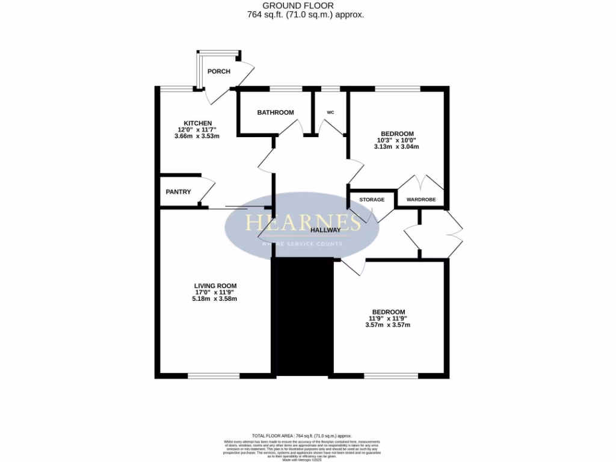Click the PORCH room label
(x=218, y=72)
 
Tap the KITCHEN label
(x=198, y=123)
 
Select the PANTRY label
(x=178, y=192)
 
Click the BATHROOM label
(x=276, y=112)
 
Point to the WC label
(x=330, y=112)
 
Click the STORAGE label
(x=372, y=200)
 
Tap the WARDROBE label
(x=421, y=200)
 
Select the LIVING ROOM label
(x=215, y=286)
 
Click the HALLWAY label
(x=325, y=230)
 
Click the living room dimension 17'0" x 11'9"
(x=215, y=292)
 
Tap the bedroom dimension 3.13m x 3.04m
(x=396, y=147)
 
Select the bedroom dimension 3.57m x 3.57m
(x=388, y=325)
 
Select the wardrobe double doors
(x=420, y=183)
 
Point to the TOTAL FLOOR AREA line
(x=302, y=436)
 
